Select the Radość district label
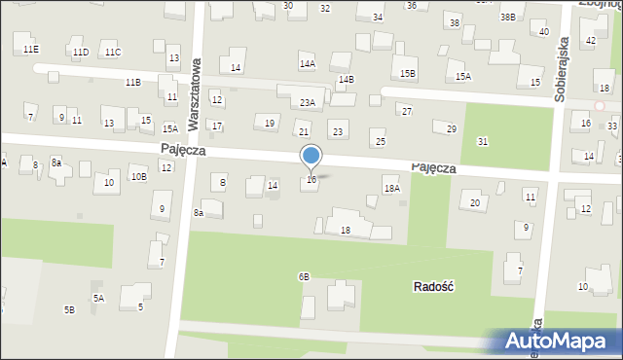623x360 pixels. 435,286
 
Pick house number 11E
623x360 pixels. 31,49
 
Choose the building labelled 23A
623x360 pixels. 307,102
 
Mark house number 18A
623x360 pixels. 391,189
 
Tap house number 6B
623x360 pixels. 304,276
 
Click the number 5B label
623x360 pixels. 69,309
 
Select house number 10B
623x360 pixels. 139,176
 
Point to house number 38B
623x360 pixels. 507,17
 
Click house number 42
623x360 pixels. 591,40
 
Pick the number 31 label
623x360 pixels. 483,142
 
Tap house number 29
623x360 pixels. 451,129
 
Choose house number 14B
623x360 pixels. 346,79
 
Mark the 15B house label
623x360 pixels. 408,73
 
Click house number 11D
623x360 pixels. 80,52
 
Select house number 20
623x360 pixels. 475,202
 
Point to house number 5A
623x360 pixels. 98,298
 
